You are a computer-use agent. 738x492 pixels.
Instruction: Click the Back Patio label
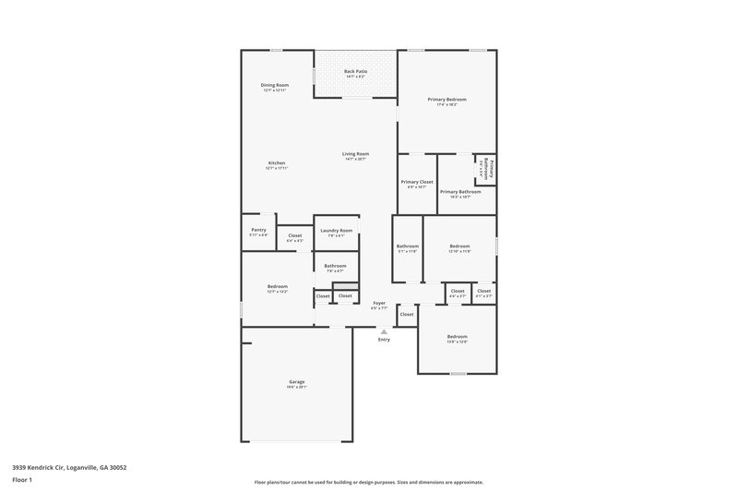(355, 71)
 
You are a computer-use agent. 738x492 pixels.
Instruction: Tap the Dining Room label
(274, 85)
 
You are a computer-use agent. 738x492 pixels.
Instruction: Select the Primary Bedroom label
(446, 99)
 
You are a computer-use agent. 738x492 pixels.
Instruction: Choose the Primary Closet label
(417, 182)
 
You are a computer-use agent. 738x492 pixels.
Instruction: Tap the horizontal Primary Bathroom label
(460, 192)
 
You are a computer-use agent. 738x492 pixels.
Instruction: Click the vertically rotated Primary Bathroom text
(492, 169)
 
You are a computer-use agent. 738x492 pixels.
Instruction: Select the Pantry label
(258, 230)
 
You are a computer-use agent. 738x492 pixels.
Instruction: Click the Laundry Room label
(336, 231)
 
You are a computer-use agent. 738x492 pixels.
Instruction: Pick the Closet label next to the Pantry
(294, 236)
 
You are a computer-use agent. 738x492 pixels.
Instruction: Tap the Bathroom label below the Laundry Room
(335, 266)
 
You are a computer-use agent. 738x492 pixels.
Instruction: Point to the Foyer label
(378, 303)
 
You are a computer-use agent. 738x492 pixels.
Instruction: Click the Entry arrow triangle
(384, 330)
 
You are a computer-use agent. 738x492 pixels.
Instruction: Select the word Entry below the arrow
(384, 340)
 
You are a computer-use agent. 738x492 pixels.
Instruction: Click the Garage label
(296, 382)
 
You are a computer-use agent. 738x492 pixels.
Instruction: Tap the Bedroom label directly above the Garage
(278, 286)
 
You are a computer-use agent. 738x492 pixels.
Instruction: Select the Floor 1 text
(22, 481)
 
